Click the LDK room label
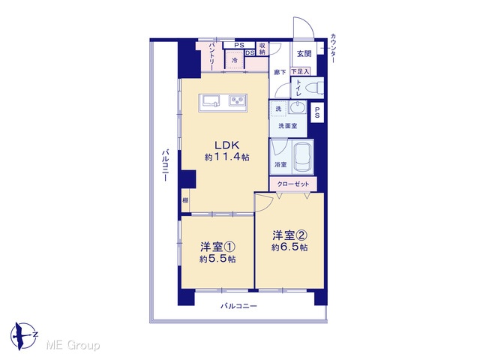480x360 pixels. [226, 145]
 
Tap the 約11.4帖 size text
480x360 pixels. [226, 157]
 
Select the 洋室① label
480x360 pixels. [217, 247]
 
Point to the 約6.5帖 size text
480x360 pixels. [289, 247]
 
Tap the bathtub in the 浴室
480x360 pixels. [303, 157]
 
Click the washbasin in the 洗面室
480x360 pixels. [296, 108]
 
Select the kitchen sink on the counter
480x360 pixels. [210, 101]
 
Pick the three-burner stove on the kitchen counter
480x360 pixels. [238, 100]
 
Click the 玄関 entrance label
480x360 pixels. [304, 53]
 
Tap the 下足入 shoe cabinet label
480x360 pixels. [300, 72]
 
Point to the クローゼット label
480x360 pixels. [293, 184]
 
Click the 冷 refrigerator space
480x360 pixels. [235, 60]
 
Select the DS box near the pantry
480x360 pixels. [250, 52]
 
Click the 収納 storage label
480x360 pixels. [262, 49]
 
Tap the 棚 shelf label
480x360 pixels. [185, 201]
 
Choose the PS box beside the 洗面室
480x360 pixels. [317, 112]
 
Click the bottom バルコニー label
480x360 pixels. [238, 306]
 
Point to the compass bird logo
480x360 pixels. [23, 336]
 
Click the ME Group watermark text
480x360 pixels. [73, 346]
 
